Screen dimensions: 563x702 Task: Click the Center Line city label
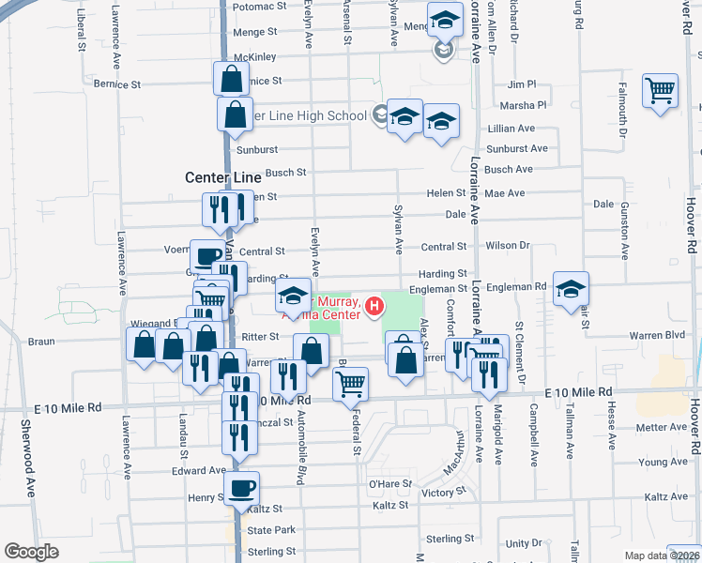(x=222, y=177)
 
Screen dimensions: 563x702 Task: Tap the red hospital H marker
(x=374, y=306)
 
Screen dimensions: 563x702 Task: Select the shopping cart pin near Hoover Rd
(x=661, y=91)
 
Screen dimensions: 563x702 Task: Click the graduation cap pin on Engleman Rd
(x=570, y=289)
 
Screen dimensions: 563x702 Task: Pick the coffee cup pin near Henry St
(x=242, y=488)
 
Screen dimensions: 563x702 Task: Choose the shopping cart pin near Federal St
(x=350, y=383)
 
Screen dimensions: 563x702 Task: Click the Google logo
(x=31, y=552)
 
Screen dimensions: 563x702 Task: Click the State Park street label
(x=271, y=530)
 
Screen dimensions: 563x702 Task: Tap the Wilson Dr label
(x=508, y=245)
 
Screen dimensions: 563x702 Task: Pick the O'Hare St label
(x=386, y=483)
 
